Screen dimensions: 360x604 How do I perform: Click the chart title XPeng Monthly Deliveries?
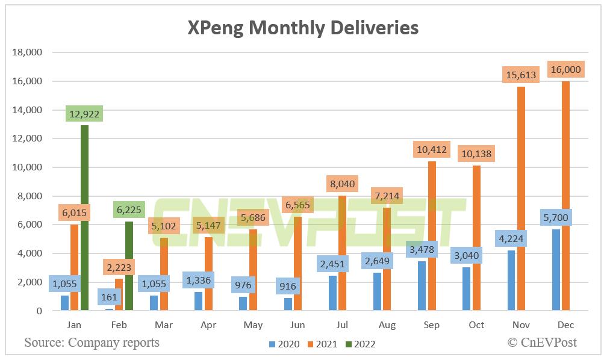(x=302, y=27)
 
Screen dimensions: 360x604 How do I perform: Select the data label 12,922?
(x=84, y=113)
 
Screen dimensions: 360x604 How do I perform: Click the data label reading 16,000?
(x=565, y=70)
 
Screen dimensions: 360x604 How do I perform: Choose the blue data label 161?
(x=109, y=297)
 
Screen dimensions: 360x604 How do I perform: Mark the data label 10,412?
(x=432, y=149)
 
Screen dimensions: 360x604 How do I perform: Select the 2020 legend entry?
(x=284, y=344)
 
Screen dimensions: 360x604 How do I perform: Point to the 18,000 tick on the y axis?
(x=27, y=52)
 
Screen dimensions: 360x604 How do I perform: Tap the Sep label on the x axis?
(x=432, y=325)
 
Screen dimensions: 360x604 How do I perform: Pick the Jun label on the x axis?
(x=298, y=325)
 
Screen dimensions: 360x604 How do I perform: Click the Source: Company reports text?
(x=92, y=343)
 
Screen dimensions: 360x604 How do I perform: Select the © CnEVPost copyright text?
(x=541, y=343)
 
